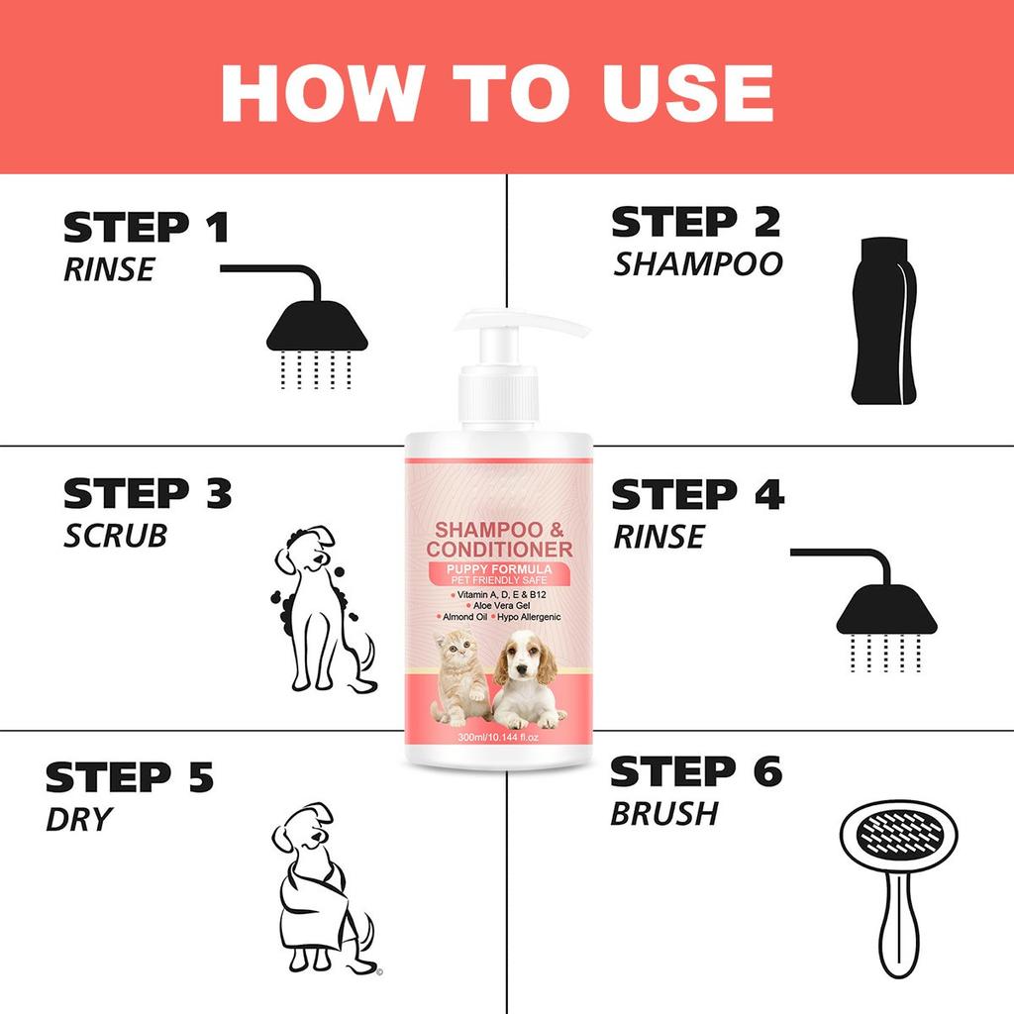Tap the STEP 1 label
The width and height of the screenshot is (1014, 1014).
click(146, 227)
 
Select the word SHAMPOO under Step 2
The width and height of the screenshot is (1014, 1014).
click(697, 263)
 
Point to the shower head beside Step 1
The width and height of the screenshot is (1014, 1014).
click(317, 327)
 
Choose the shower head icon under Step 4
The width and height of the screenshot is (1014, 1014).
click(886, 614)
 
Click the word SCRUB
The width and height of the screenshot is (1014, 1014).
click(115, 536)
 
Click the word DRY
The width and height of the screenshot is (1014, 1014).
click(78, 819)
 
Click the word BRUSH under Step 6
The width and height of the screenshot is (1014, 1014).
click(663, 814)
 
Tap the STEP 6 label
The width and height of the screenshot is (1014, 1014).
click(695, 770)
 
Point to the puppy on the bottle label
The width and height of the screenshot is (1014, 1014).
click(529, 679)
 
